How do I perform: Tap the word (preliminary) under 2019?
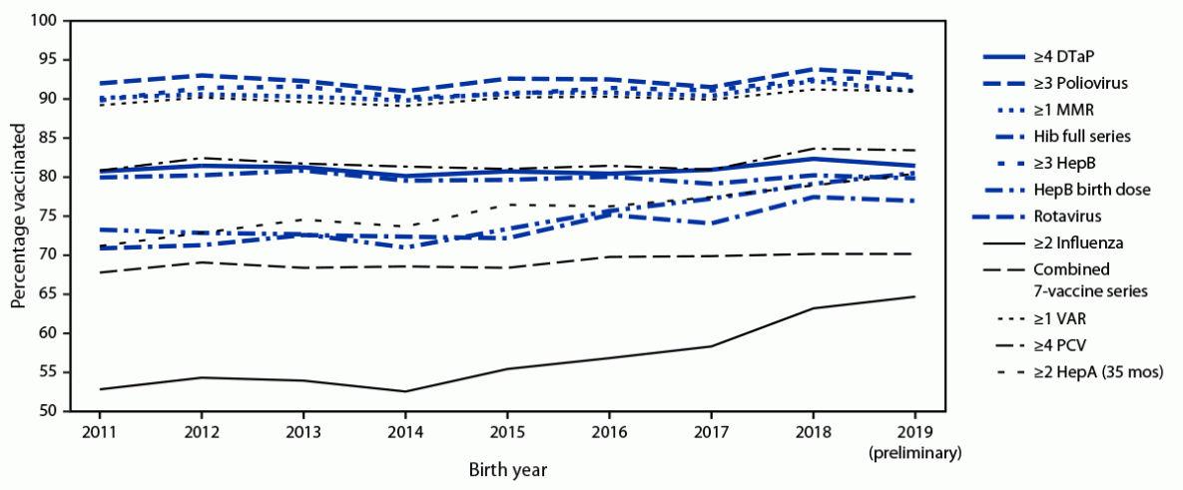pos(916,452)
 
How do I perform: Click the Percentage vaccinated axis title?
pos(18,217)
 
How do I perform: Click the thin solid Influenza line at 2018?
pos(815,308)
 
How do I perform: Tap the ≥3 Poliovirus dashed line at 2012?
pos(202,76)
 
